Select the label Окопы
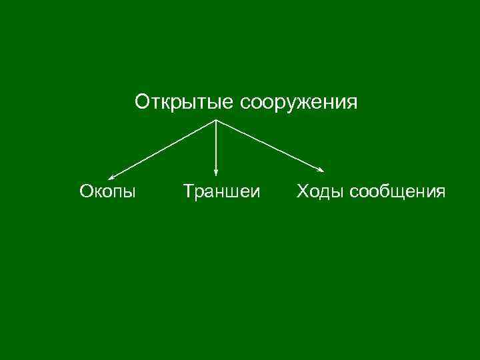tap(107, 193)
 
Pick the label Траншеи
tap(222, 193)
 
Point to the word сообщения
tap(398, 193)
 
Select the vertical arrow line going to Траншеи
tap(216, 147)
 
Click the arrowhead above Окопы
tap(111, 177)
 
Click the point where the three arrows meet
tap(216, 119)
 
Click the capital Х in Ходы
tap(302, 193)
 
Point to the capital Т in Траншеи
tap(189, 193)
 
